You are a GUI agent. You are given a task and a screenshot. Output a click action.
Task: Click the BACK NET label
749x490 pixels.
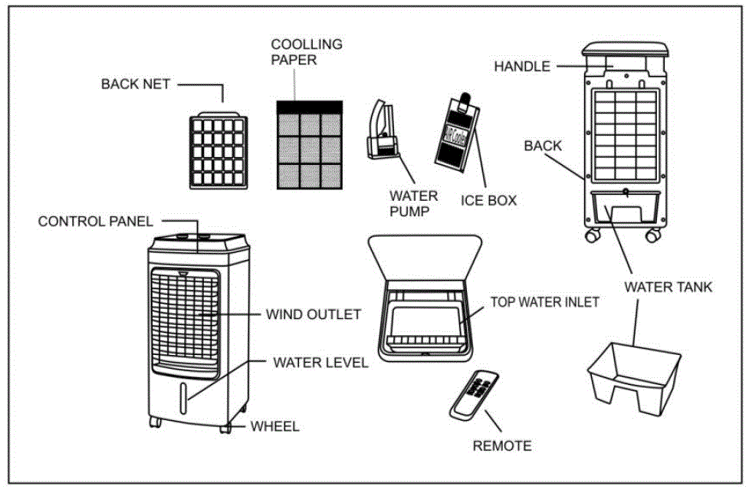point(136,84)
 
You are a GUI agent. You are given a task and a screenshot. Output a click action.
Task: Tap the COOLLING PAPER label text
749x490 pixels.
point(307,52)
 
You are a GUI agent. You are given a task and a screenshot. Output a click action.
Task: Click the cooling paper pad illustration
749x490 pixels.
point(309,146)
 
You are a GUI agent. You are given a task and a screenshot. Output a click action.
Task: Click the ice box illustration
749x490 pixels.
point(457,133)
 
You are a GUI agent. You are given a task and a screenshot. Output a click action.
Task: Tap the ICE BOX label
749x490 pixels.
point(488,201)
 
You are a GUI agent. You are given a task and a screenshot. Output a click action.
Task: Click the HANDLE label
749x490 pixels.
point(522,67)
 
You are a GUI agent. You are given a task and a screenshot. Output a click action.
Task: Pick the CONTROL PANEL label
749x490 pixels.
point(95,222)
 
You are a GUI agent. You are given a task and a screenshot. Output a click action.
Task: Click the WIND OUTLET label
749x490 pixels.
point(313,314)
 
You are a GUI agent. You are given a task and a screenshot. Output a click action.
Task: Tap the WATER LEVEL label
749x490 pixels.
point(320,362)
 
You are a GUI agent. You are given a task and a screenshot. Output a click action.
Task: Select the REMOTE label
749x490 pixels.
point(501,446)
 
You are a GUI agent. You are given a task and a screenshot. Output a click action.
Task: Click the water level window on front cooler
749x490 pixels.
point(185,400)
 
